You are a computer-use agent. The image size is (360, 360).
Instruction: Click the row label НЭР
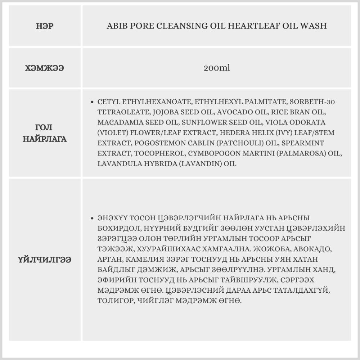point(45,26)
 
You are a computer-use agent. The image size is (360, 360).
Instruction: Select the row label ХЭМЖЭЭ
point(45,68)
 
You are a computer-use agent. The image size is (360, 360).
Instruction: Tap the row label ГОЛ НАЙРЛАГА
point(45,133)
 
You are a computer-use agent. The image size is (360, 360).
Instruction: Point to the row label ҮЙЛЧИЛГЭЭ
point(45,259)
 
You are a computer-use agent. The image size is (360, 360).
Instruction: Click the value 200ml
point(216,68)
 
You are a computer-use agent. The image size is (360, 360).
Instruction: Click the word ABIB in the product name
point(116,26)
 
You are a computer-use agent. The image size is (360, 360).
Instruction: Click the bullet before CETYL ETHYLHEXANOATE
point(93,102)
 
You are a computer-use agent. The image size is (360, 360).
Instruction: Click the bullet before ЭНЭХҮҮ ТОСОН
point(93,219)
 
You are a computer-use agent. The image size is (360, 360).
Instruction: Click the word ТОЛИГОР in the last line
point(111,300)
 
